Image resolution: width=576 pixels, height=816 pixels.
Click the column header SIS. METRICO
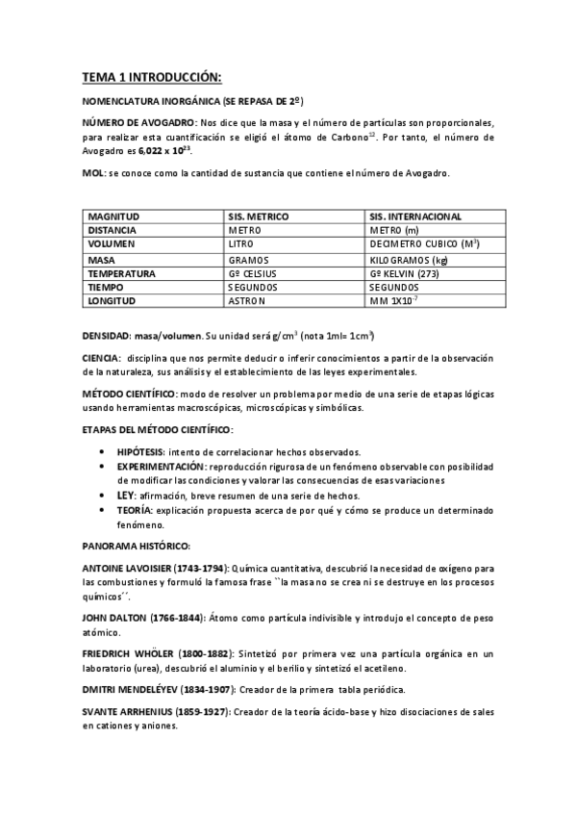tap(259, 217)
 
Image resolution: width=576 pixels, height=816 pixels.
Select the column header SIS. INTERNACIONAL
tap(414, 217)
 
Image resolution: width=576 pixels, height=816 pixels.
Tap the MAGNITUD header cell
tap(113, 217)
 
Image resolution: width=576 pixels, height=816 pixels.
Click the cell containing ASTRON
tap(247, 301)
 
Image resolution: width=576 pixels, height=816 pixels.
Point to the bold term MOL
tap(94, 173)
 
